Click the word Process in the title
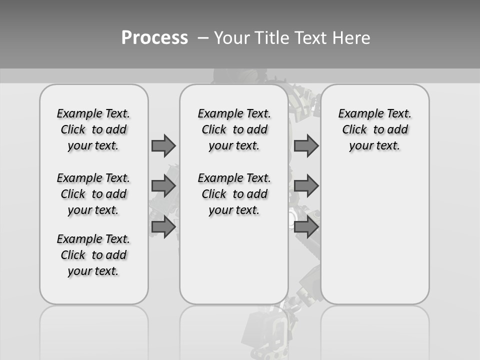coord(154,38)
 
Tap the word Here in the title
coord(351,38)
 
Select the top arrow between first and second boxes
coord(163,145)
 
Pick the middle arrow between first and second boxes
coord(163,186)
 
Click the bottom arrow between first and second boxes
coord(163,226)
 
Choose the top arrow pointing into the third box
coord(306,145)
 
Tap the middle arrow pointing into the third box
coord(306,186)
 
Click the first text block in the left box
coord(93,129)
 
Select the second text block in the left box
coord(93,194)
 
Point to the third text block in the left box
coord(93,255)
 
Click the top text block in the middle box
coord(234,129)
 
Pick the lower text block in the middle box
coord(234,194)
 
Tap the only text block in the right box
coord(374,129)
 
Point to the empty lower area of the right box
coord(374,235)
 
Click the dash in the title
coord(203,38)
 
